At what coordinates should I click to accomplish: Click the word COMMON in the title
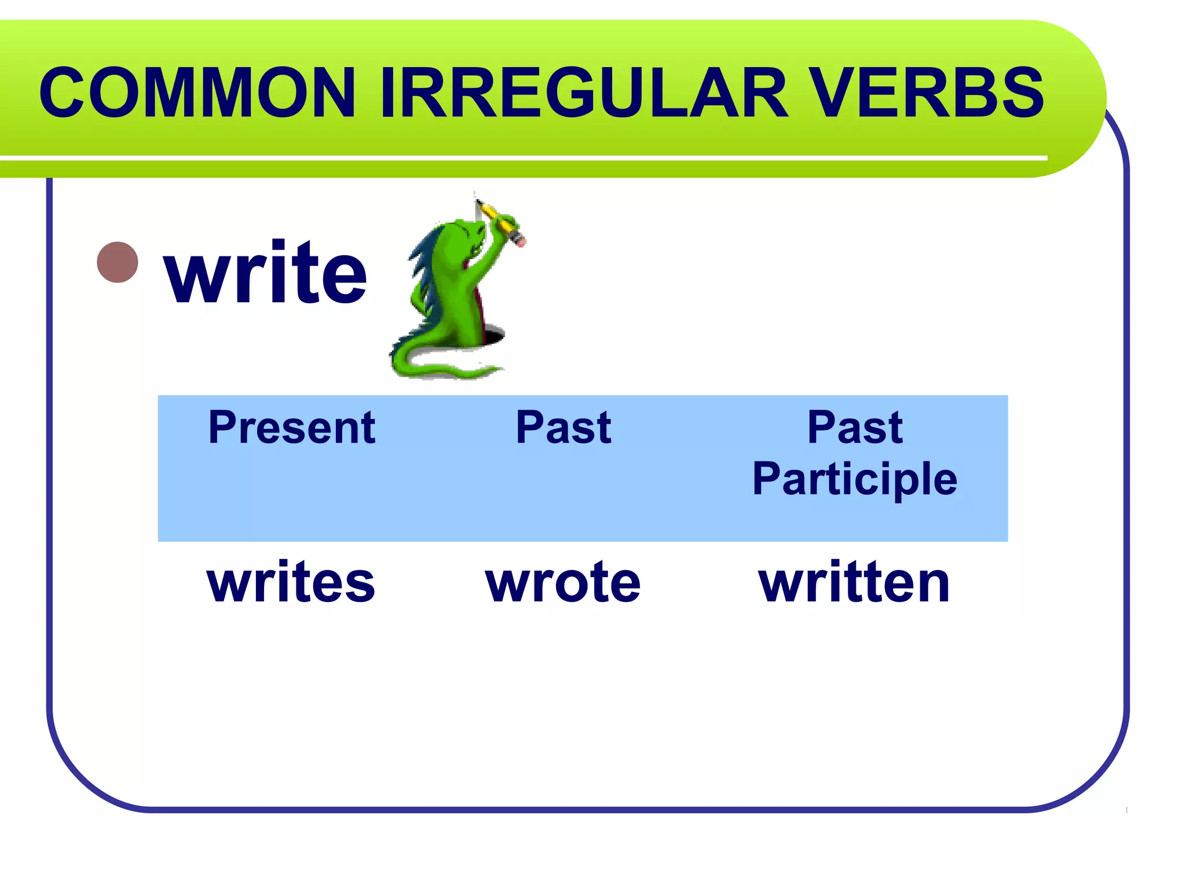point(197,93)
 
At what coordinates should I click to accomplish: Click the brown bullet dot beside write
point(118,262)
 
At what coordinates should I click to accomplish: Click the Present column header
point(292,427)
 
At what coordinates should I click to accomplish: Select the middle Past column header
point(563,427)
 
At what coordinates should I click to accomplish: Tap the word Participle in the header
point(855,479)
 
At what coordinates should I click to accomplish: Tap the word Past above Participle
point(855,427)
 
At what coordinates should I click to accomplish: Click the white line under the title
point(521,157)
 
